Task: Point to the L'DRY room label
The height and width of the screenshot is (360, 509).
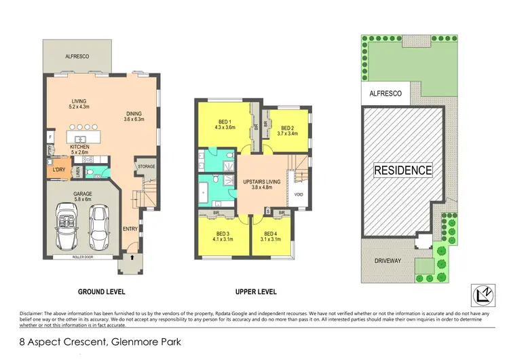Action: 55,168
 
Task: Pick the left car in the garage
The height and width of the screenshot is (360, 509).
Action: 68,225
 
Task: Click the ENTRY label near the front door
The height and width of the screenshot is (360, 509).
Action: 131,229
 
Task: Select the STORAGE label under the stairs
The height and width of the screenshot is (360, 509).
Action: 146,166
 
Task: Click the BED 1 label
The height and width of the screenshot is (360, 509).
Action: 225,120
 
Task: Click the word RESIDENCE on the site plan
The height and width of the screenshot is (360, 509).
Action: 402,170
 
